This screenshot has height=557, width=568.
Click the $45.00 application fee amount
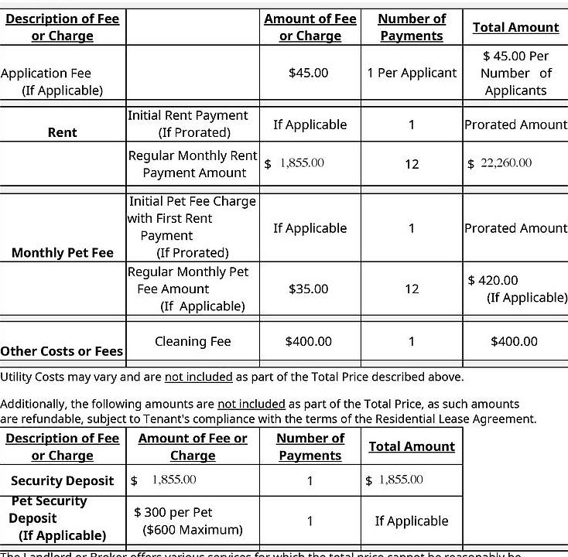tap(308, 73)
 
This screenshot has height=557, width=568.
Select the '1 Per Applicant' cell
tap(412, 73)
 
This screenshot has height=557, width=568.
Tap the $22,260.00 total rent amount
tap(501, 163)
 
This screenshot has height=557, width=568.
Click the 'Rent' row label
tap(62, 132)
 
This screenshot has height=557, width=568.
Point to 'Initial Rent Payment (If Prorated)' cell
tap(188, 124)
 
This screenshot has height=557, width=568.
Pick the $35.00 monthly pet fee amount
tap(308, 289)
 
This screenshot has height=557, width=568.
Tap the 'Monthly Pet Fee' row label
tap(63, 253)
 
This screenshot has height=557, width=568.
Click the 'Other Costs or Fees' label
tap(62, 351)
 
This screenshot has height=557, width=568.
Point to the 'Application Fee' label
tap(46, 73)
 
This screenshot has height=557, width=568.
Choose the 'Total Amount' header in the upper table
tap(515, 27)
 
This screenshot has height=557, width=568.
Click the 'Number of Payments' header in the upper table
tap(412, 27)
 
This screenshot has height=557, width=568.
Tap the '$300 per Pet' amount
tap(173, 512)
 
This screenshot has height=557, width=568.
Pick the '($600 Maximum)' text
tap(193, 530)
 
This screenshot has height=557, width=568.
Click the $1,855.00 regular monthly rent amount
tap(295, 163)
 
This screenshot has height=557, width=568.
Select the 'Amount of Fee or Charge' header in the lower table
tap(193, 447)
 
